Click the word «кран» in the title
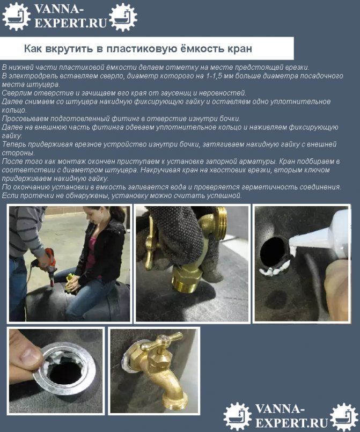240,49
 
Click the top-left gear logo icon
16,16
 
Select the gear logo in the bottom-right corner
344,416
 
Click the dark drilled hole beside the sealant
273,252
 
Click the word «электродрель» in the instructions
27,76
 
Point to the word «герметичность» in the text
265,187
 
